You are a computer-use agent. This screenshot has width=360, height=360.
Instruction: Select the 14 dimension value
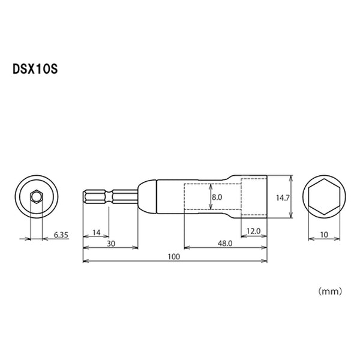coord(95,232)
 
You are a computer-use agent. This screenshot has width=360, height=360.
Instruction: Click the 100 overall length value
coord(175,257)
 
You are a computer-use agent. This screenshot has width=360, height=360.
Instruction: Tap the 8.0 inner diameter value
coord(217,196)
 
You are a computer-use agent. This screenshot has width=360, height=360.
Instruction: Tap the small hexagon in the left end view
coord(35,196)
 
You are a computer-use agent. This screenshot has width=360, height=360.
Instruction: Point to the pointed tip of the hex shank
coord(84,196)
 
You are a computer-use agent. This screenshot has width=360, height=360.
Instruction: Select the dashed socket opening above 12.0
coord(253,196)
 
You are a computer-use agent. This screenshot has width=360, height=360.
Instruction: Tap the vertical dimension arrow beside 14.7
coord(291,196)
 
